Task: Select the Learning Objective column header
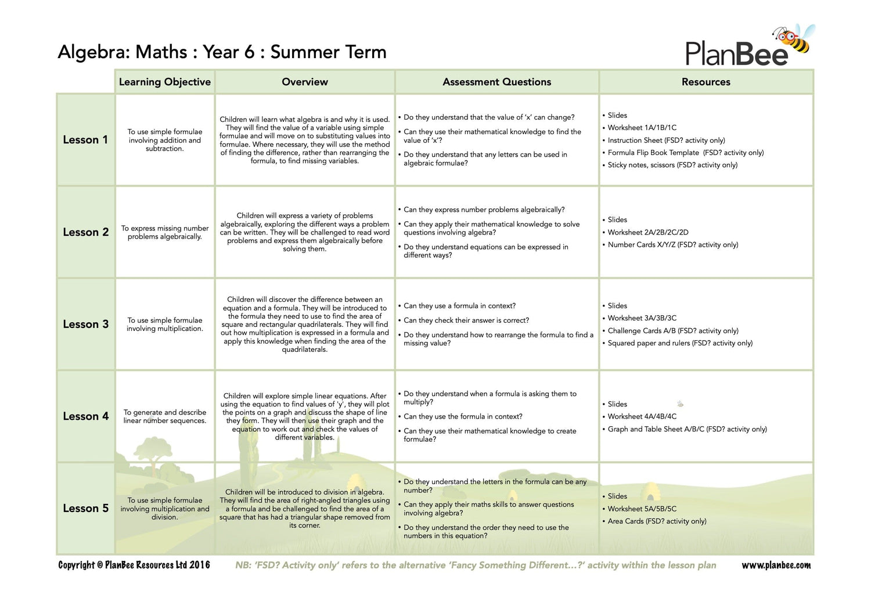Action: tap(165, 82)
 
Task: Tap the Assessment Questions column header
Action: tap(496, 82)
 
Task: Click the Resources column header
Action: tap(706, 82)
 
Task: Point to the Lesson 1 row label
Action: tap(85, 140)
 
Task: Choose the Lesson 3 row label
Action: tap(85, 325)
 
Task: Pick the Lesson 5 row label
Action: tap(85, 509)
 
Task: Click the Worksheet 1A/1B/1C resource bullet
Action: tap(642, 128)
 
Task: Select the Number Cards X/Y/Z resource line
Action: tap(672, 245)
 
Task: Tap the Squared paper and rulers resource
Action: tap(679, 343)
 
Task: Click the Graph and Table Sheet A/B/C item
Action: tap(687, 429)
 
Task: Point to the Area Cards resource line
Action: tap(657, 521)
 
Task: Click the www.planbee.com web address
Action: tap(776, 565)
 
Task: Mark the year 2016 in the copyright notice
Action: tap(199, 565)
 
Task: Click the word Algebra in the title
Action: tap(93, 52)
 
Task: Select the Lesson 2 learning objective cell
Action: tap(165, 232)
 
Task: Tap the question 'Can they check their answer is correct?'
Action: tap(466, 320)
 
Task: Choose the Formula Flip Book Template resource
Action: tap(685, 153)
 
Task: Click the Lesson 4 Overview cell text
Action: tap(305, 416)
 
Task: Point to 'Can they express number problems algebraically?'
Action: tap(484, 210)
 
